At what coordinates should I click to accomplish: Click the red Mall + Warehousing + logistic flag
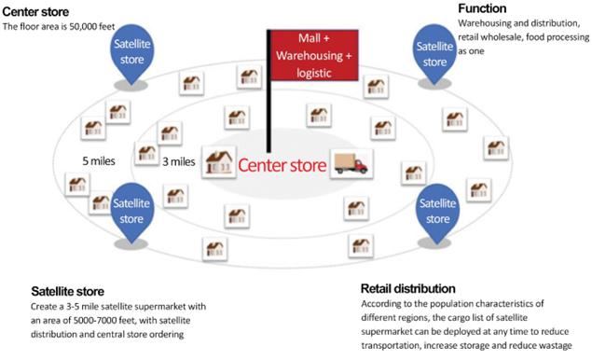pos(314,55)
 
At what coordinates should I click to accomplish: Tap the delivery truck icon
pos(351,164)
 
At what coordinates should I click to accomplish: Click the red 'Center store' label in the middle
pos(282,165)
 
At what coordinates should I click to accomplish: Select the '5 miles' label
pos(99,161)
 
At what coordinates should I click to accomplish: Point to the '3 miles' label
pos(179,161)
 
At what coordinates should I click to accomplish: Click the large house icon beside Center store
pos(218,162)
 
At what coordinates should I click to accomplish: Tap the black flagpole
pos(268,91)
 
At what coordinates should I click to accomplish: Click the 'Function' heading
pos(482,8)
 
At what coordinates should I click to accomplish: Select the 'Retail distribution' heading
pos(407,288)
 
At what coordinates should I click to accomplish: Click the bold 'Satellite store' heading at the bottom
pos(67,291)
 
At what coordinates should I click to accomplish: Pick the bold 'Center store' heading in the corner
pos(35,12)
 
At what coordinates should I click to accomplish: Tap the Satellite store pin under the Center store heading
pos(131,54)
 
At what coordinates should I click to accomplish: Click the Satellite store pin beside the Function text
pos(434,54)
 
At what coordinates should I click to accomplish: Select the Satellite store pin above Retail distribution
pos(437,214)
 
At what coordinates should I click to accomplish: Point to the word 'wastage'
pos(556,346)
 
